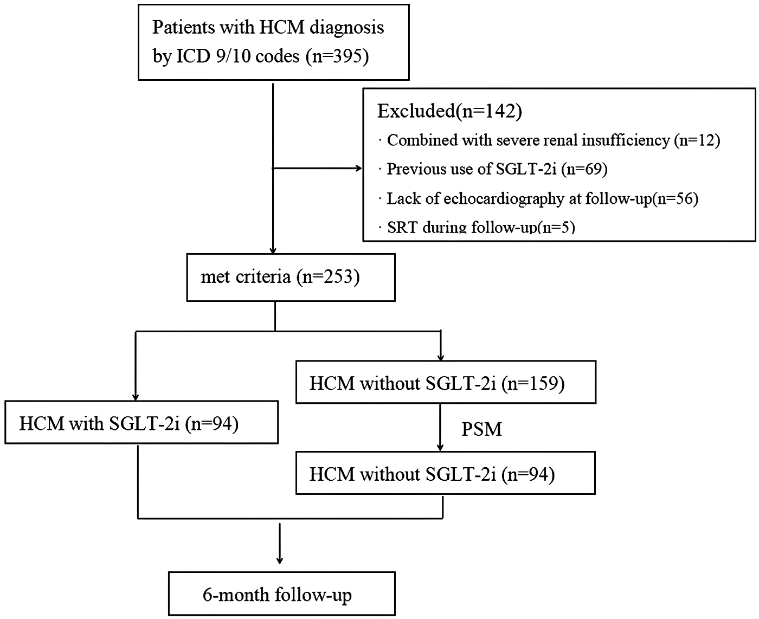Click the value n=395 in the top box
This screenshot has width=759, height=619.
pos(337,56)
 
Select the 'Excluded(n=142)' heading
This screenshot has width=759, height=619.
pos(449,111)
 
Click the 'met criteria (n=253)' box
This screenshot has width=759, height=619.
pos(291,277)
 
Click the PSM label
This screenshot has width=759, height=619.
pos(481,429)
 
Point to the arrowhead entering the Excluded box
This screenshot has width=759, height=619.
pos(358,169)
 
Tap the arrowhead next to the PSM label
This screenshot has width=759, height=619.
pos(440,447)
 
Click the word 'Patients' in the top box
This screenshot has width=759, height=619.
pos(180,27)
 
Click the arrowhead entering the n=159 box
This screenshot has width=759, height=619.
pos(440,357)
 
